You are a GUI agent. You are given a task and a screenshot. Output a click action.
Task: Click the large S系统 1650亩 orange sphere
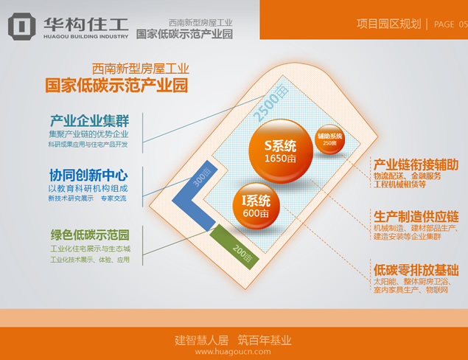click(280, 150)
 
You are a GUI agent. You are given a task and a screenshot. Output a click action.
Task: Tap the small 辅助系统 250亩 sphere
click(331, 139)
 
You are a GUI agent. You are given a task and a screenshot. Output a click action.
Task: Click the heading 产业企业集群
click(90, 120)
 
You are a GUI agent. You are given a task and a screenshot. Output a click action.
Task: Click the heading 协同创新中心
click(88, 175)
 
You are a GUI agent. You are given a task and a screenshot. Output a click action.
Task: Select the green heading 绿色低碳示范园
click(90, 235)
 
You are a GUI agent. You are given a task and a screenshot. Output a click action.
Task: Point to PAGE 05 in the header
click(449, 24)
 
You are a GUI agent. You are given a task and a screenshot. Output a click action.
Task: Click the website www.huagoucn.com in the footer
click(234, 352)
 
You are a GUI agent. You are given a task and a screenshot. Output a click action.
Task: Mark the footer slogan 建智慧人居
click(200, 340)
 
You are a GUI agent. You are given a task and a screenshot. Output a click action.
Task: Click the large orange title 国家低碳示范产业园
click(116, 86)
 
